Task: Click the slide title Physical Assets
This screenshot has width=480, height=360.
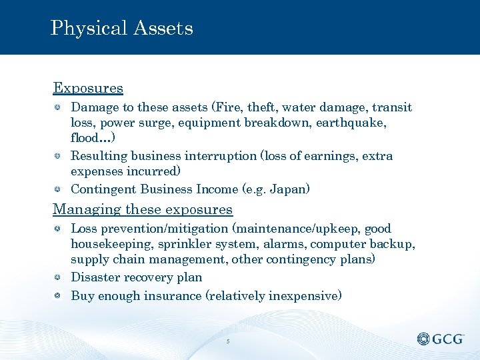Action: pyautogui.click(x=121, y=28)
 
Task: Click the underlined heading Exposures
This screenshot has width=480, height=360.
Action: pyautogui.click(x=88, y=88)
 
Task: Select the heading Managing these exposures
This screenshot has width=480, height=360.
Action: pyautogui.click(x=143, y=209)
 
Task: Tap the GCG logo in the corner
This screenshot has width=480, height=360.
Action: pyautogui.click(x=441, y=339)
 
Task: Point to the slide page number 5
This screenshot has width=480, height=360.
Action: pyautogui.click(x=228, y=341)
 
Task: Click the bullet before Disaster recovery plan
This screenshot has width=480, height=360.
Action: pyautogui.click(x=59, y=277)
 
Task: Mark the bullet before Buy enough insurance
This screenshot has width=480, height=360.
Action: pyautogui.click(x=59, y=295)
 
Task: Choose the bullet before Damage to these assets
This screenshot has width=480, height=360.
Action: pyautogui.click(x=59, y=107)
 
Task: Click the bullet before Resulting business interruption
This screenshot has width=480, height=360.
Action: pyautogui.click(x=59, y=156)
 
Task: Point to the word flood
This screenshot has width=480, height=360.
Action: pyautogui.click(x=87, y=139)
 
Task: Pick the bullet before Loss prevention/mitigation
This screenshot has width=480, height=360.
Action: pyautogui.click(x=59, y=229)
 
